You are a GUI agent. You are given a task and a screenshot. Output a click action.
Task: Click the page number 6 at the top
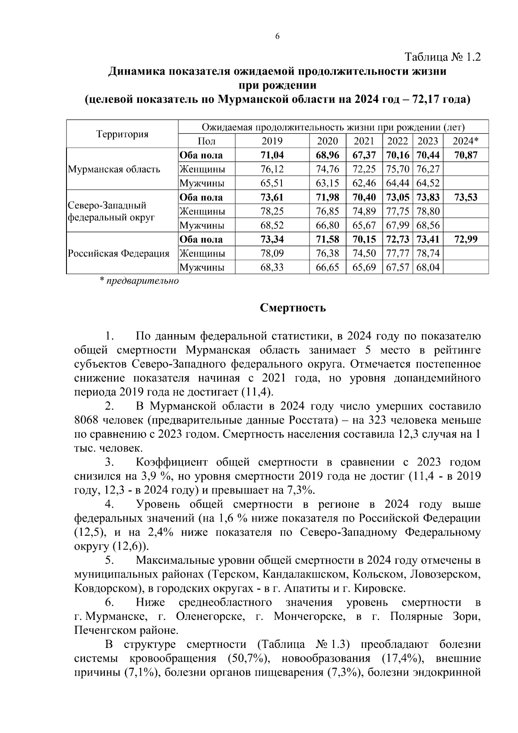coord(278,37)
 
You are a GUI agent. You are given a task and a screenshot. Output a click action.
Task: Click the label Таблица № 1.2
coord(442,57)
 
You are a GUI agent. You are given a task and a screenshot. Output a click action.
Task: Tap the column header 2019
coord(272,141)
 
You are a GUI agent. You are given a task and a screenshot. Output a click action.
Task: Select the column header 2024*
coord(466,141)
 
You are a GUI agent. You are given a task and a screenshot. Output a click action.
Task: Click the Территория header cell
coord(122,134)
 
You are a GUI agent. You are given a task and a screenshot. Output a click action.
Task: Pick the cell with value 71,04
coord(272,155)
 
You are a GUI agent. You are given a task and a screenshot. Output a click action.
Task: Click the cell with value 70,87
coord(466,155)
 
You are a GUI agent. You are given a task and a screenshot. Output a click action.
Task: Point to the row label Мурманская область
coord(114,169)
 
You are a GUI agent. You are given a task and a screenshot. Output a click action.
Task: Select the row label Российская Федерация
coord(118,253)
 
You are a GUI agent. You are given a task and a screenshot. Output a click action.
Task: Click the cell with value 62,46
coord(364,183)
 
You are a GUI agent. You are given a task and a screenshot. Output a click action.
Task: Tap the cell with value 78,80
coord(427,212)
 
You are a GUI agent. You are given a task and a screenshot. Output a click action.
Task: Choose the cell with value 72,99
coord(466,240)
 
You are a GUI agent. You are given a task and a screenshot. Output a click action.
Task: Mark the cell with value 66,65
coord(328,268)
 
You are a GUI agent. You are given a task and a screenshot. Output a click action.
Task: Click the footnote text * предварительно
coord(139,281)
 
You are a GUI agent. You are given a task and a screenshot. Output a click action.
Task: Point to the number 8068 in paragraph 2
coord(88,420)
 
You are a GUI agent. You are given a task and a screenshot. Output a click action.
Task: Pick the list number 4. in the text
coord(110,505)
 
